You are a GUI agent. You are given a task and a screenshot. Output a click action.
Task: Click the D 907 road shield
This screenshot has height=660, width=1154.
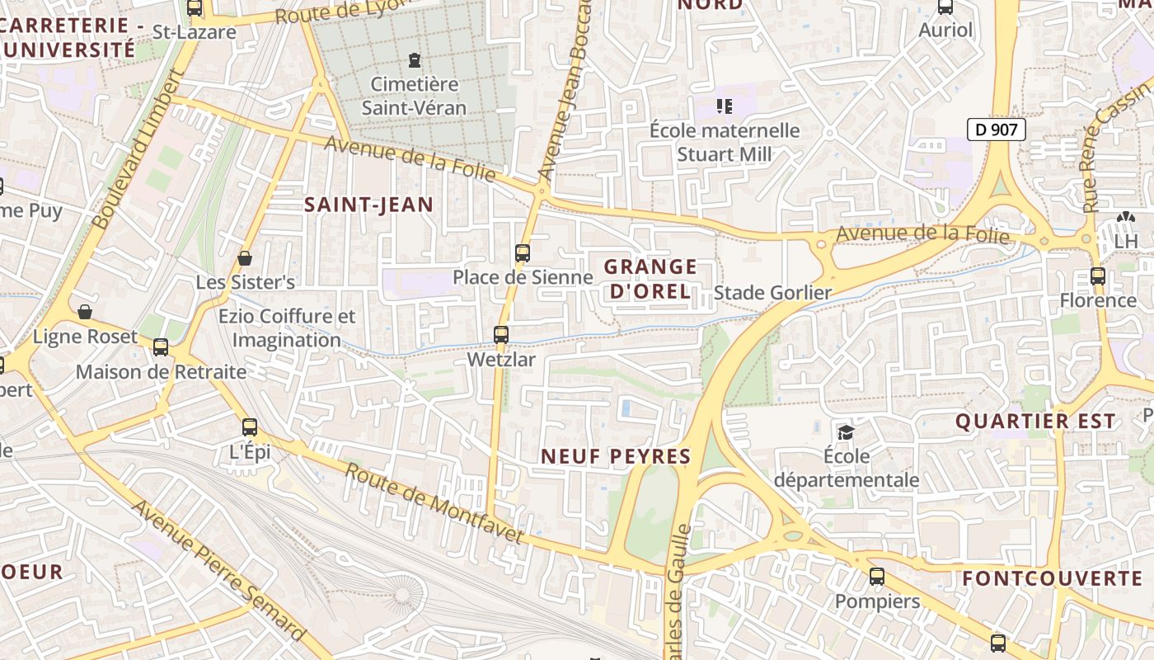996,130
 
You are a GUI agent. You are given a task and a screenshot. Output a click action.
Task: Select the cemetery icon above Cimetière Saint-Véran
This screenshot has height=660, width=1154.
414,60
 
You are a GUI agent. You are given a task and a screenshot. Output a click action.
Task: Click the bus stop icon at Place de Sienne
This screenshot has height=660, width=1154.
522,253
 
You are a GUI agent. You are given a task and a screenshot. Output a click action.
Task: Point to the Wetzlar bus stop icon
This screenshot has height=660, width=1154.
500,335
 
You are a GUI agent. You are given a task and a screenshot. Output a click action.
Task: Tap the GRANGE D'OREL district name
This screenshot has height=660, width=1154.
650,279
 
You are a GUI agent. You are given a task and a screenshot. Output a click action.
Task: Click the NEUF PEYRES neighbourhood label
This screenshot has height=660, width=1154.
615,456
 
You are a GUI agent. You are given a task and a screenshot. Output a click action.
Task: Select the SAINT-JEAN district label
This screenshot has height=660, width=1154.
368,205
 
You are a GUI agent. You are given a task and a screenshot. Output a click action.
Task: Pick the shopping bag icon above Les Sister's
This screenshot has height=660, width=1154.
245,259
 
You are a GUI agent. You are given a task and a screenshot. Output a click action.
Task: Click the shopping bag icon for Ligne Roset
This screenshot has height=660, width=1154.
84,312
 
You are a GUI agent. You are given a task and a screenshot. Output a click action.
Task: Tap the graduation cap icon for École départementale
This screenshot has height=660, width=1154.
846,432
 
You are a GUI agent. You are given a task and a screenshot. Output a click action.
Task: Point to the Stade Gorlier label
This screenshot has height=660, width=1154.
772,293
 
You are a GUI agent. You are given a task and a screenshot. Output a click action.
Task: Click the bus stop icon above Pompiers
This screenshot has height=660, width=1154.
877,577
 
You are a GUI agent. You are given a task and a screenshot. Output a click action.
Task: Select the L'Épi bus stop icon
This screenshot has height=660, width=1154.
249,427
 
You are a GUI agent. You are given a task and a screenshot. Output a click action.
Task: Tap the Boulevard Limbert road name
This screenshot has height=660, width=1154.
137,150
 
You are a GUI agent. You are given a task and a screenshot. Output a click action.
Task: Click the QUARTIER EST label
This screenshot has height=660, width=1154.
1035,422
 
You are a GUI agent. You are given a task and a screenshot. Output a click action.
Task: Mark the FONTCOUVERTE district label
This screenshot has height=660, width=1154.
1052,578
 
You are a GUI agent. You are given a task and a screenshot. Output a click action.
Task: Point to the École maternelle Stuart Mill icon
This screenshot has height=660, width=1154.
725,106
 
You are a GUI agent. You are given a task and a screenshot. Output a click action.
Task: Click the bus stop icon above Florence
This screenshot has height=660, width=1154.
1097,276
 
